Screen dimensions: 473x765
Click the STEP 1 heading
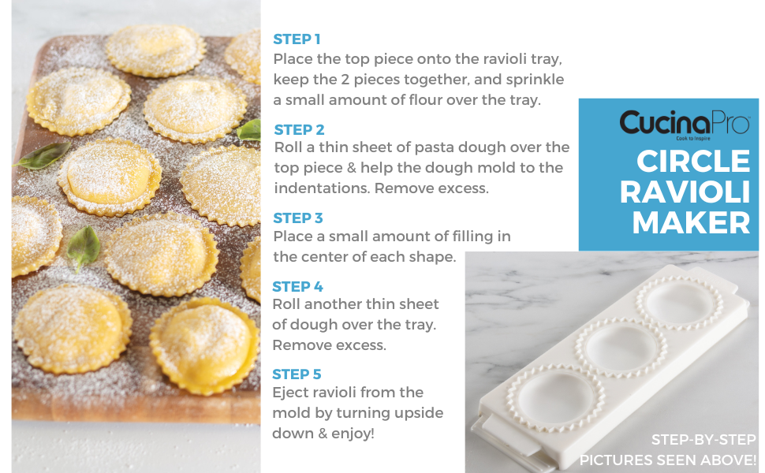point(297,39)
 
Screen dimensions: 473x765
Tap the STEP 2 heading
point(299,129)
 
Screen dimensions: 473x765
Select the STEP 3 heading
point(298,218)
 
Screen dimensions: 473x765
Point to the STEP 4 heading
point(297,286)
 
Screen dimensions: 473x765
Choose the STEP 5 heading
point(297,374)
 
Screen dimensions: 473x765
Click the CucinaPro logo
point(684,123)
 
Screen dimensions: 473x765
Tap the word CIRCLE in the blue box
point(693,161)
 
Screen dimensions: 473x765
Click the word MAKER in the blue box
point(691,222)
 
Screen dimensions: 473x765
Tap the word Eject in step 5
point(290,393)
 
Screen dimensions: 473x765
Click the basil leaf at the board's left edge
point(42,156)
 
